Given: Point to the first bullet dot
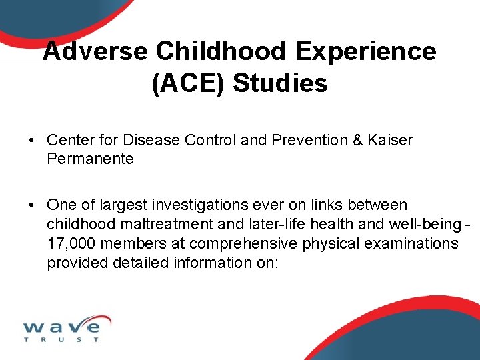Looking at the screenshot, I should tap(32, 141).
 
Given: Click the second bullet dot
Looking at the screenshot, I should tap(32, 205).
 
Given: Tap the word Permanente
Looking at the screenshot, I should tap(90, 159).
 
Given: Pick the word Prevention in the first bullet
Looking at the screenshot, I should tap(309, 141).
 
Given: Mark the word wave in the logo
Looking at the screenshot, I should tap(61, 327).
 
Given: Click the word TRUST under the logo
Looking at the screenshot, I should tap(61, 340).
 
